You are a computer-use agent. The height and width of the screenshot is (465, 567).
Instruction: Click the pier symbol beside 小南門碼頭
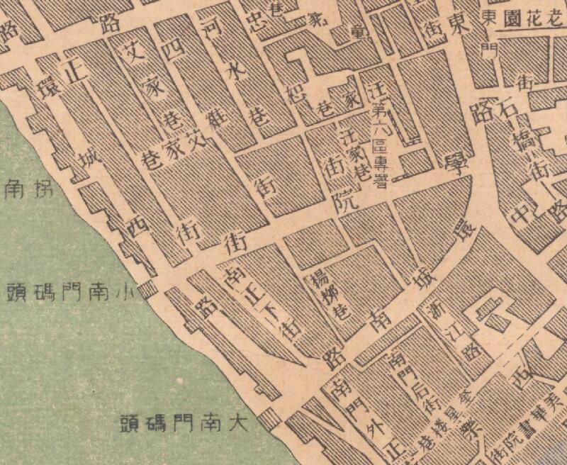click(x=147, y=289)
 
